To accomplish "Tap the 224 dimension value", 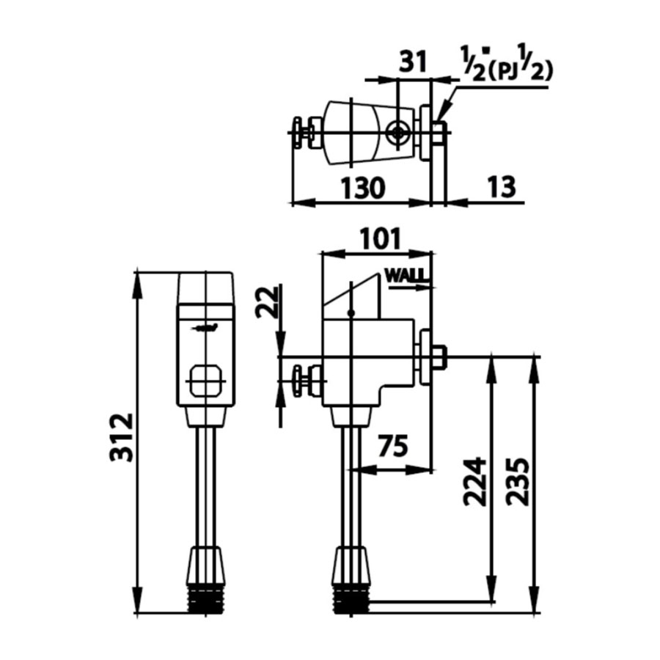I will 474,482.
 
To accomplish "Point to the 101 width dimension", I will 378,238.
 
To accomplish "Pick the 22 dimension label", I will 268,301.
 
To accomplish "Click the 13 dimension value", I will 502,188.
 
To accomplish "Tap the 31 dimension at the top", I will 413,62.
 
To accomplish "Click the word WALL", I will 406,277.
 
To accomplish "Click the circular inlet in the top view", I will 398,133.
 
